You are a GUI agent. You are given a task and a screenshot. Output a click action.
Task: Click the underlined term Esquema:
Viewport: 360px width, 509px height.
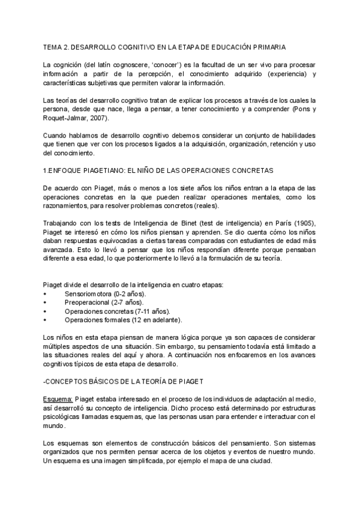coord(58,399)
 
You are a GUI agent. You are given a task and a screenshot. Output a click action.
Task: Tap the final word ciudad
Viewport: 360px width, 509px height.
coord(259,461)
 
